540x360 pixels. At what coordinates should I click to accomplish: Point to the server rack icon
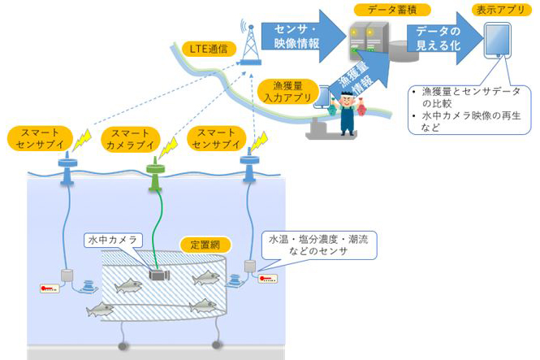point(362,40)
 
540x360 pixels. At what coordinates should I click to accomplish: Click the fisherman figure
point(349,114)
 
